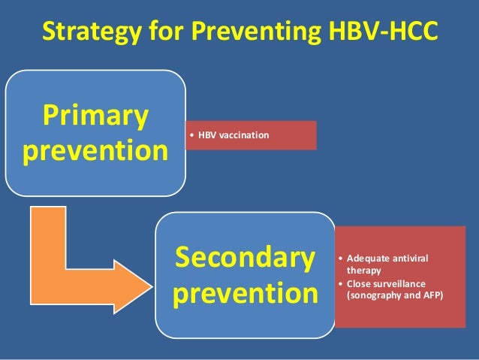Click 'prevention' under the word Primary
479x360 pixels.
95,151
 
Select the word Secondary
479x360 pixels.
244,258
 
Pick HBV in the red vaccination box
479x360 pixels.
207,135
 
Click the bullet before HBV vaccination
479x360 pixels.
192,135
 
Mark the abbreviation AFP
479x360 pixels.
432,295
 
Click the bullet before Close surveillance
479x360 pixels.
342,284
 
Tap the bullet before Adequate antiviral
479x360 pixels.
342,259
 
